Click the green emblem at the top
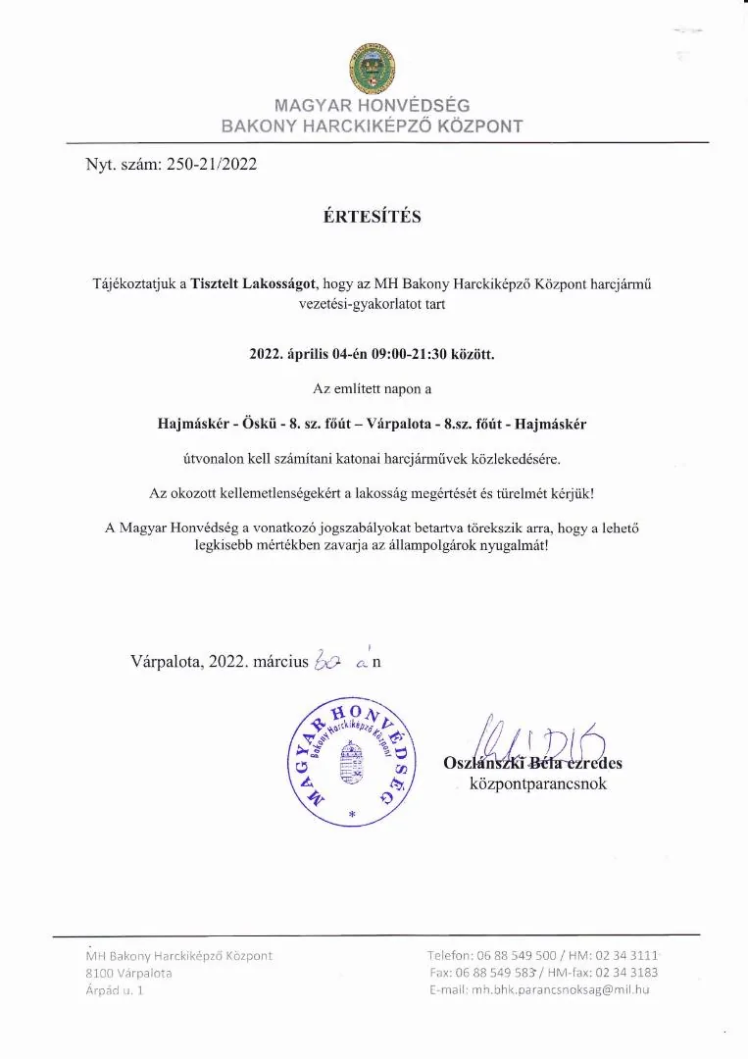coord(372,70)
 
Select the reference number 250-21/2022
coord(213,165)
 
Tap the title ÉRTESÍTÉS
coord(373,217)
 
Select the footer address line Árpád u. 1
coord(114,990)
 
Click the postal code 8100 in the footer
coord(99,973)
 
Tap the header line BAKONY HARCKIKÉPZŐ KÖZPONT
coord(372,126)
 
